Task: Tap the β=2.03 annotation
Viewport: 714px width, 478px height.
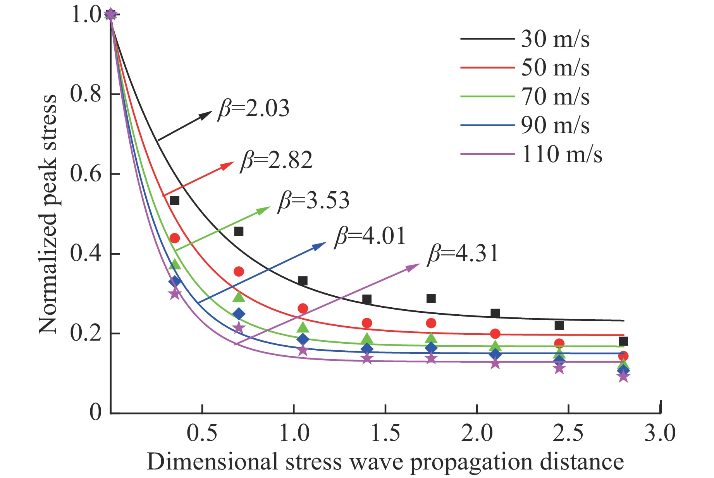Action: pyautogui.click(x=254, y=109)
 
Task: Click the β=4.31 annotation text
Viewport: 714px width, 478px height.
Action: pyautogui.click(x=463, y=254)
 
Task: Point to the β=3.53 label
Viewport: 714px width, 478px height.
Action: pyautogui.click(x=314, y=200)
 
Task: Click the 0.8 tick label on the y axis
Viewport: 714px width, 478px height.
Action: pyautogui.click(x=86, y=94)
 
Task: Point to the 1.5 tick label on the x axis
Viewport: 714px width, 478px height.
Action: pyautogui.click(x=385, y=433)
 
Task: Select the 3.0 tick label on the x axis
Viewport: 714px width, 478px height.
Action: pyautogui.click(x=660, y=433)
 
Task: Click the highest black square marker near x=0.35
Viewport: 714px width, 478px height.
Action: pyautogui.click(x=175, y=200)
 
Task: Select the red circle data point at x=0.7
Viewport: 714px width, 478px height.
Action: pyautogui.click(x=239, y=272)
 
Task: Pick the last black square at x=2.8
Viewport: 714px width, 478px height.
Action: pyautogui.click(x=623, y=341)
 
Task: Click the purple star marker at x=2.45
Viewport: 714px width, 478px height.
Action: pyautogui.click(x=559, y=368)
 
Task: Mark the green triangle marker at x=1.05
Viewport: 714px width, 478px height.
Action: pyautogui.click(x=303, y=328)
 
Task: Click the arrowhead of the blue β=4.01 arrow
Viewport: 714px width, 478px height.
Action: pyautogui.click(x=321, y=245)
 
